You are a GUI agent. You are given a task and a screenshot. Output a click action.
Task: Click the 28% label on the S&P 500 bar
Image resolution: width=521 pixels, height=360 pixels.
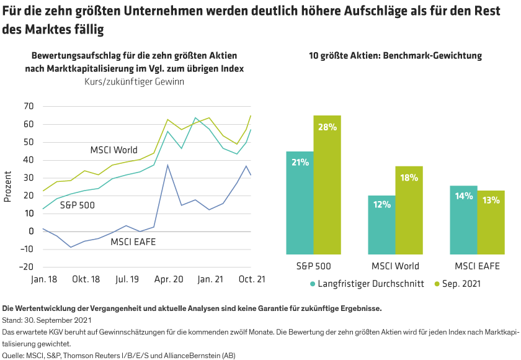click(327, 127)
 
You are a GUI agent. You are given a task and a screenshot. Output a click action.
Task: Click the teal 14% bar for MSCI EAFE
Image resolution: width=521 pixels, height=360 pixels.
click(463, 220)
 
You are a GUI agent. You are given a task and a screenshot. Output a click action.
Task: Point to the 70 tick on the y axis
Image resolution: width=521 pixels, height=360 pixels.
click(28, 106)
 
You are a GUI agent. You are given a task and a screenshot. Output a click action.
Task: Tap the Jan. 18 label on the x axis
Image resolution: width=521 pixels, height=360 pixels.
click(44, 280)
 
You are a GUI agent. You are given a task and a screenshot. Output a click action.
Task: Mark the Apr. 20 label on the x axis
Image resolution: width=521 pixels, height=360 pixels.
click(169, 280)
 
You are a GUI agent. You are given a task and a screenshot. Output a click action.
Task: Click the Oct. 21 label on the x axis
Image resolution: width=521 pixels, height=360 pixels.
click(252, 280)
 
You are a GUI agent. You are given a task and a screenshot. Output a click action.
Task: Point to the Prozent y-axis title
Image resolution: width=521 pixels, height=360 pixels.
click(8, 187)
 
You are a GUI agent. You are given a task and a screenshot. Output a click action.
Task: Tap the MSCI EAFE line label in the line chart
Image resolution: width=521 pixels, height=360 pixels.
click(133, 241)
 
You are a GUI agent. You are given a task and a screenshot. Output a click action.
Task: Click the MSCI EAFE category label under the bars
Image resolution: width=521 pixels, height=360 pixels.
click(478, 266)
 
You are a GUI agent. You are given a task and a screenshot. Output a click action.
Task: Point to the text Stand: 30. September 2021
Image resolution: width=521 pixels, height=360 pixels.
click(47, 321)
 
